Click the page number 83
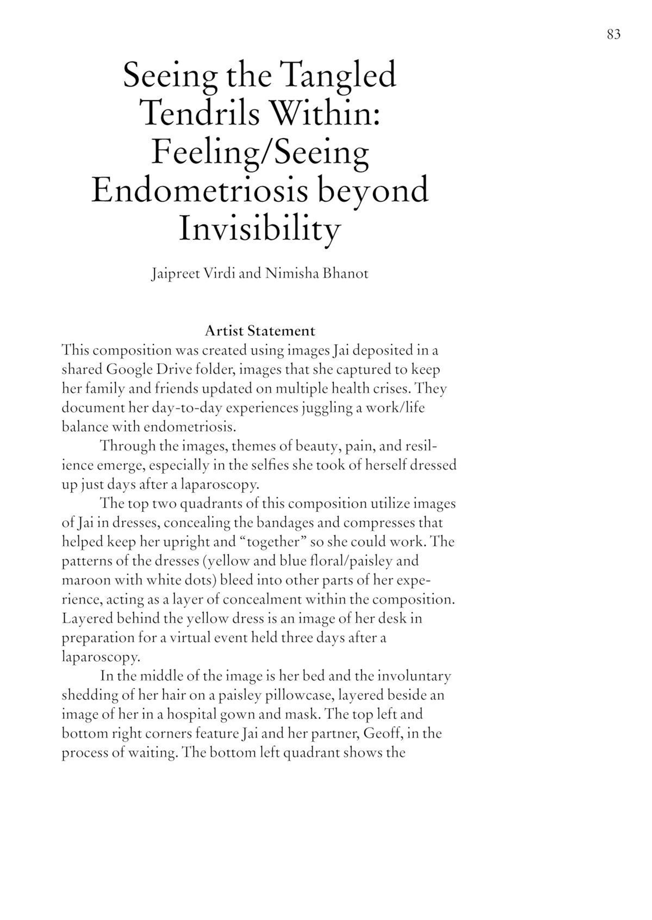(613, 34)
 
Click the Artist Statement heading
(260, 331)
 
